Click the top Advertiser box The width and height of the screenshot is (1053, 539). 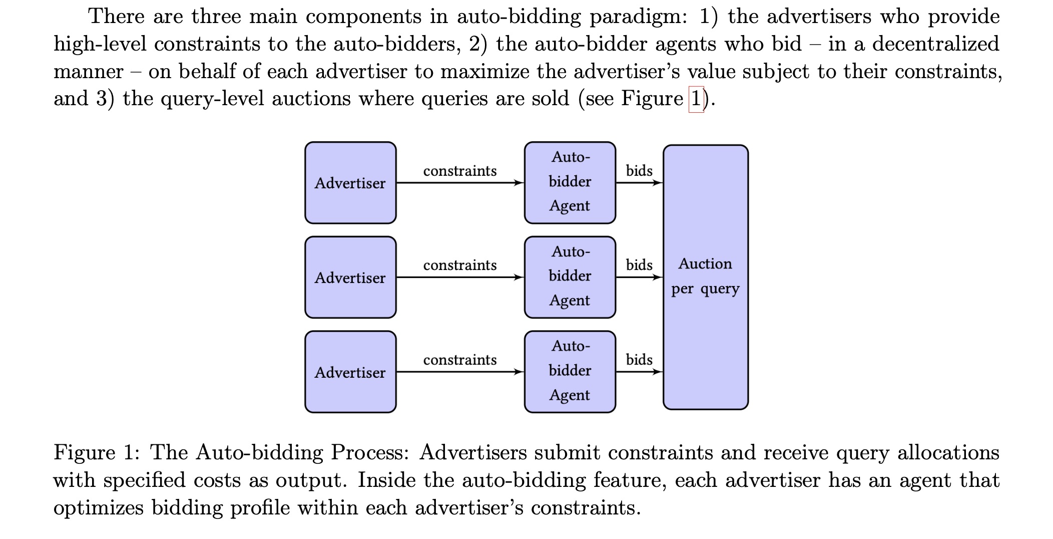click(x=350, y=183)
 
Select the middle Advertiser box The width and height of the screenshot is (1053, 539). click(x=350, y=277)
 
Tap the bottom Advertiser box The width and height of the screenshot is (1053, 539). click(x=350, y=372)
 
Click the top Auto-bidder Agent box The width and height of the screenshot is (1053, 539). click(x=570, y=182)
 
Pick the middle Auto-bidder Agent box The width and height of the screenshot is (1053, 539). click(x=570, y=277)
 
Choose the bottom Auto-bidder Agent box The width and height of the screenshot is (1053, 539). click(x=570, y=372)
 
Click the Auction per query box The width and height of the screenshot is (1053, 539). click(x=705, y=277)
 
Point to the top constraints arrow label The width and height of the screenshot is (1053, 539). click(x=459, y=171)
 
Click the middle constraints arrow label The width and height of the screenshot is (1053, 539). click(x=459, y=265)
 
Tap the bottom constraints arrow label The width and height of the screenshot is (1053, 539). click(x=459, y=360)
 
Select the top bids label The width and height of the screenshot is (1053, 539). click(x=639, y=171)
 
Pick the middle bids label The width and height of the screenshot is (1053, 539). click(x=639, y=265)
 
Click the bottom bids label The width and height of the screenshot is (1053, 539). click(x=639, y=360)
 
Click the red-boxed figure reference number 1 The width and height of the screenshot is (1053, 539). click(x=696, y=99)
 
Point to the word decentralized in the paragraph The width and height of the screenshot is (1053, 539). click(x=935, y=44)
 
